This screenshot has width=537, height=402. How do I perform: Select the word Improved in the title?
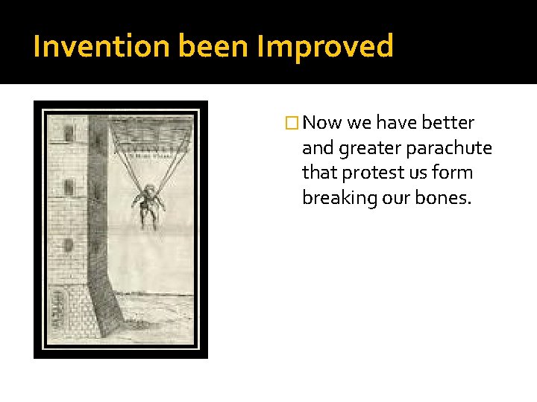[x=324, y=46]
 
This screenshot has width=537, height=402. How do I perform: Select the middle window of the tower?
[x=69, y=187]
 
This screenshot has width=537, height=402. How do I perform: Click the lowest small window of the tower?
[x=69, y=244]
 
